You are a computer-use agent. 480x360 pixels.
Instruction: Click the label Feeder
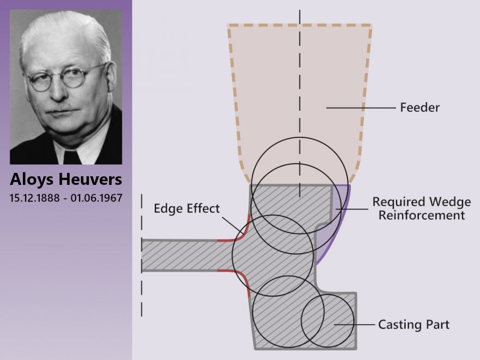pyautogui.click(x=419, y=108)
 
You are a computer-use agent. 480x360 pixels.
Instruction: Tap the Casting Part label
pyautogui.click(x=413, y=325)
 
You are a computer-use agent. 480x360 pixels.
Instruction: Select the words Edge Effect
pyautogui.click(x=187, y=208)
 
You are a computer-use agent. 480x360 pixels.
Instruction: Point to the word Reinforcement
pyautogui.click(x=422, y=215)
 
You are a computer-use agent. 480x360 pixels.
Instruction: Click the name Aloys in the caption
pyautogui.click(x=32, y=179)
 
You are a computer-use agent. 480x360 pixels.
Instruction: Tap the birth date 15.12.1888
pyautogui.click(x=34, y=198)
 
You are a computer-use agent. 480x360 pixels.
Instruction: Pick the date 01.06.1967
pyautogui.click(x=97, y=198)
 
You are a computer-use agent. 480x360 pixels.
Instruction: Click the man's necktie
pyautogui.click(x=72, y=157)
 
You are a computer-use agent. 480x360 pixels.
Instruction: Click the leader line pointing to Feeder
pyautogui.click(x=361, y=108)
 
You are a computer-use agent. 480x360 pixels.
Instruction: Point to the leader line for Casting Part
pyautogui.click(x=354, y=325)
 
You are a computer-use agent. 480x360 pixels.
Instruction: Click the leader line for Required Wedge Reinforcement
pyautogui.click(x=352, y=209)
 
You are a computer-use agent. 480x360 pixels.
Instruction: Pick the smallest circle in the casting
pyautogui.click(x=328, y=321)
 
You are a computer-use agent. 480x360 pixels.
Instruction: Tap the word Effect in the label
pyautogui.click(x=203, y=208)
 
